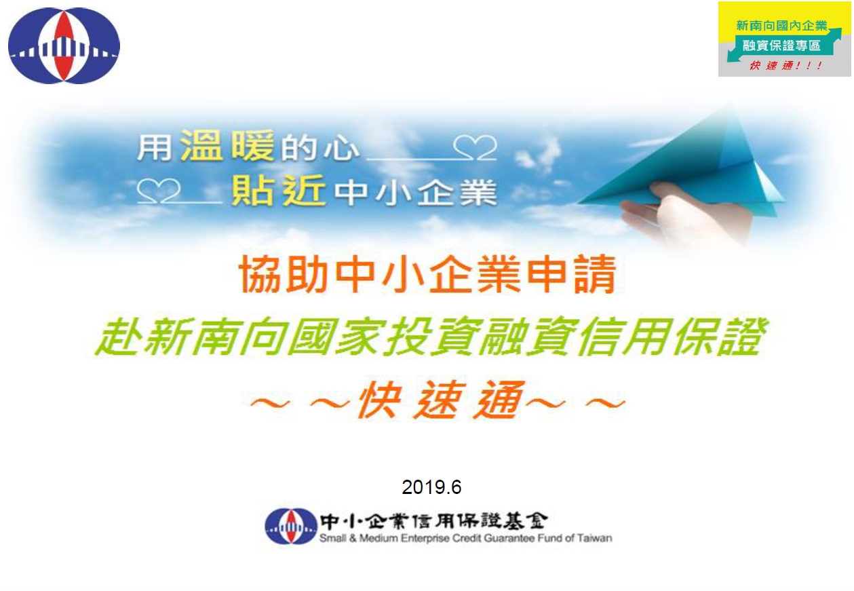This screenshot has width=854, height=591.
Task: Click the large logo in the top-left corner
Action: [x=64, y=45]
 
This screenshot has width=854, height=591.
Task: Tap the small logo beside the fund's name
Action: [x=291, y=526]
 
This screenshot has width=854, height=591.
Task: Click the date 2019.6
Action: [x=431, y=487]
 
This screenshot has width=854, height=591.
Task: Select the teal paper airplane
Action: [x=686, y=168]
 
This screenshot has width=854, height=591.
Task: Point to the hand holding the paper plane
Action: [x=686, y=214]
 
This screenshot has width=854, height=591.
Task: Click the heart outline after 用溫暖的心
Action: [x=475, y=147]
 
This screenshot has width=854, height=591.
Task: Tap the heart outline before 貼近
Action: [x=159, y=191]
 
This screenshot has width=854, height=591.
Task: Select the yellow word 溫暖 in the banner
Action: [x=227, y=145]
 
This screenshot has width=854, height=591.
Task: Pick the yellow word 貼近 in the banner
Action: [x=279, y=191]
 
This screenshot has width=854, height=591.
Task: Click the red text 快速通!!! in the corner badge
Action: [x=786, y=66]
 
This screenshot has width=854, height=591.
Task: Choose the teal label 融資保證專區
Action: [x=781, y=45]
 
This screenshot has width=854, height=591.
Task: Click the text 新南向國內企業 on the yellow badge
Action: [x=781, y=26]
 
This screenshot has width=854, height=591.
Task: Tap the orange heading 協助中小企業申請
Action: [x=427, y=274]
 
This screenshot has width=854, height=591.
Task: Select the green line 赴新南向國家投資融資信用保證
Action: [x=431, y=337]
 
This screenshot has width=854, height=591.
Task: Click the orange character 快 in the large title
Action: [x=379, y=400]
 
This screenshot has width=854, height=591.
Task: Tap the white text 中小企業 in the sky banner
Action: [x=416, y=193]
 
